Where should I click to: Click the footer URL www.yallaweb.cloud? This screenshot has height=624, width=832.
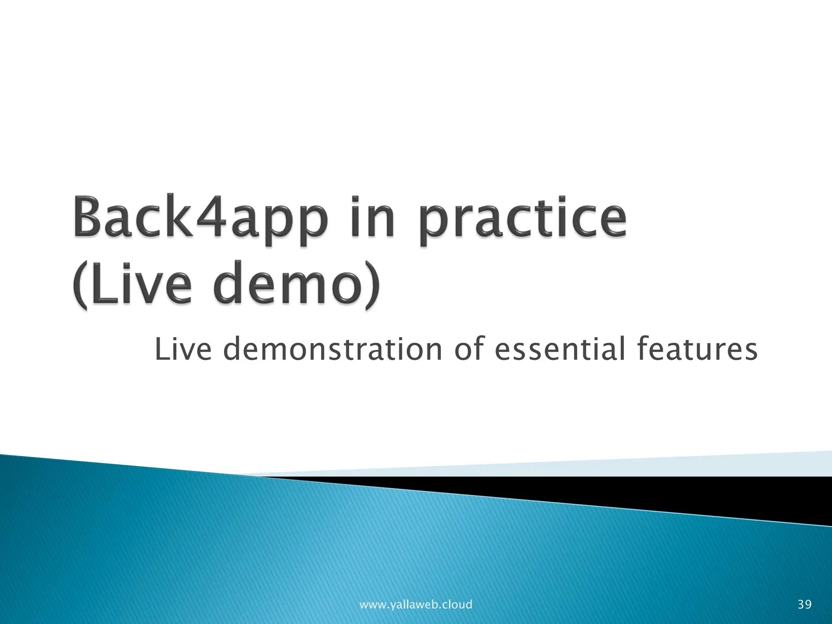point(416,604)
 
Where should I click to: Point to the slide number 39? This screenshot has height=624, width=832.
point(804,604)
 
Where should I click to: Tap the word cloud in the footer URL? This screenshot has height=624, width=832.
point(457,604)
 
